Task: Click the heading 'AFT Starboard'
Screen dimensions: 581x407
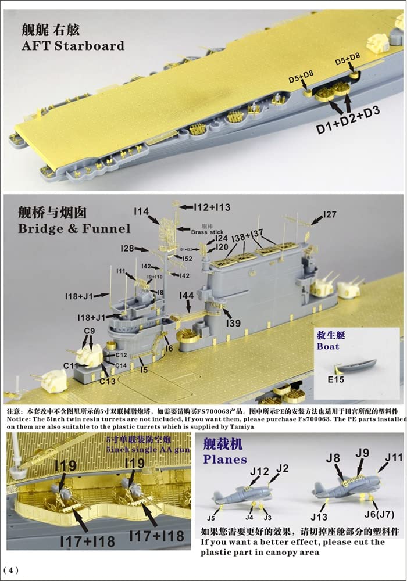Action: pyautogui.click(x=70, y=45)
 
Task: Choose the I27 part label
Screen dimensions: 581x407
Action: pyautogui.click(x=329, y=214)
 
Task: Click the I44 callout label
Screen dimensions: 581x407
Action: pyautogui.click(x=186, y=296)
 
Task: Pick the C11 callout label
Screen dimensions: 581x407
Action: pyautogui.click(x=70, y=365)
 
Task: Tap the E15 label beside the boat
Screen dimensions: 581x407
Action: pyautogui.click(x=333, y=383)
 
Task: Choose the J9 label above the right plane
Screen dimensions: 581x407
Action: pyautogui.click(x=362, y=453)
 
